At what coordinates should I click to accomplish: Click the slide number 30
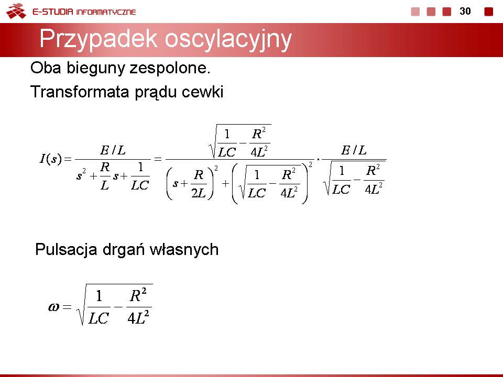click(x=465, y=11)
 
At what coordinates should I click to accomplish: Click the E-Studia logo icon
click(x=16, y=11)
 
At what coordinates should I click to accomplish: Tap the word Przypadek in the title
click(x=99, y=39)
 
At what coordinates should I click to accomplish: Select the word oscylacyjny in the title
click(x=228, y=39)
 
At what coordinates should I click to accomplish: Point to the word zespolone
click(x=170, y=68)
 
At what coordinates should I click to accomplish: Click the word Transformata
click(x=80, y=92)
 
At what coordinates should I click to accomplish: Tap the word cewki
click(x=202, y=92)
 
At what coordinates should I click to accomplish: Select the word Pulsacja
click(x=66, y=250)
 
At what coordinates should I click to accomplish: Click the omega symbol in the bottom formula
click(x=53, y=307)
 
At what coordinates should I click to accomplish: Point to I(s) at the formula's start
click(x=50, y=159)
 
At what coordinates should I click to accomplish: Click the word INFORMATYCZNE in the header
click(x=106, y=12)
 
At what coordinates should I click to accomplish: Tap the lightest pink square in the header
click(x=415, y=12)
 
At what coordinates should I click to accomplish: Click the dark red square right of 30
click(x=488, y=12)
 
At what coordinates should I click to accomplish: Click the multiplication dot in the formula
click(x=318, y=159)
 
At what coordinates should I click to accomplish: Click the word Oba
click(x=46, y=68)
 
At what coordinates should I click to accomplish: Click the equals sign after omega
click(x=67, y=307)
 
